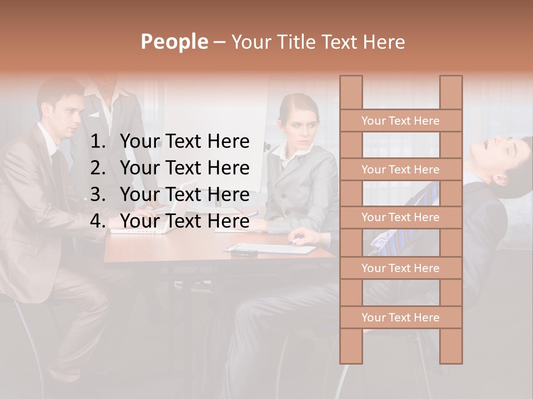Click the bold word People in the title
click(174, 42)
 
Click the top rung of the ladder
click(400, 121)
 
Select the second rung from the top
click(400, 170)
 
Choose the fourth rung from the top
click(400, 268)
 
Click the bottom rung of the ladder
click(400, 318)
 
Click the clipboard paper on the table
click(272, 248)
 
